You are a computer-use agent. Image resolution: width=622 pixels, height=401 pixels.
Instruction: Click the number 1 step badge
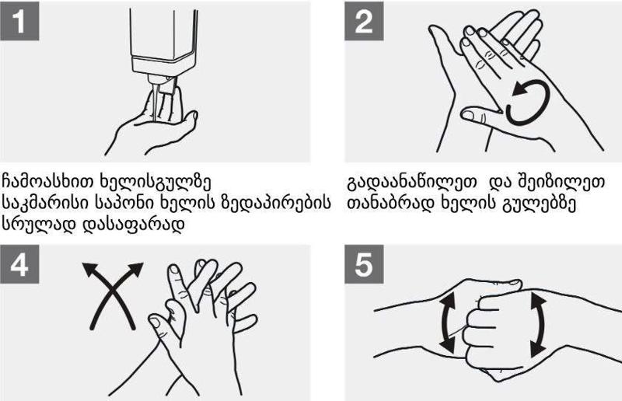click(x=19, y=21)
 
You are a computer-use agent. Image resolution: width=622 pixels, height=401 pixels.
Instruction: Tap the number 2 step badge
click(x=364, y=21)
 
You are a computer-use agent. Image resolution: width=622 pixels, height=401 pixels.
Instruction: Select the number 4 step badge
click(x=19, y=264)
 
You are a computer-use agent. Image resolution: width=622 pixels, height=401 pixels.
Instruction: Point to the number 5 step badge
click(x=364, y=264)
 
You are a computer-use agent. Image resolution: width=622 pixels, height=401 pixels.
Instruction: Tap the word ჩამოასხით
click(x=48, y=182)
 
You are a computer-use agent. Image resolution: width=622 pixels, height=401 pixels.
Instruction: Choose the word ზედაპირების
click(x=275, y=204)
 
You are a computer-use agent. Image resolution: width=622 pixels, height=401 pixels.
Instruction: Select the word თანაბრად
click(x=390, y=204)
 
